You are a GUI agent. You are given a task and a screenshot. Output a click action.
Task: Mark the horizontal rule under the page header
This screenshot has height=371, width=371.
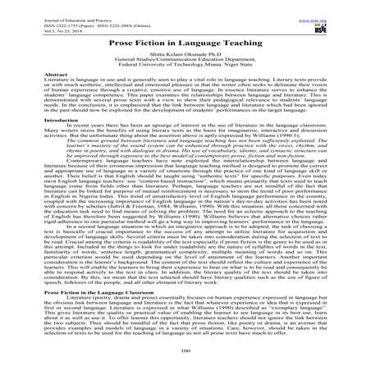(185, 27)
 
